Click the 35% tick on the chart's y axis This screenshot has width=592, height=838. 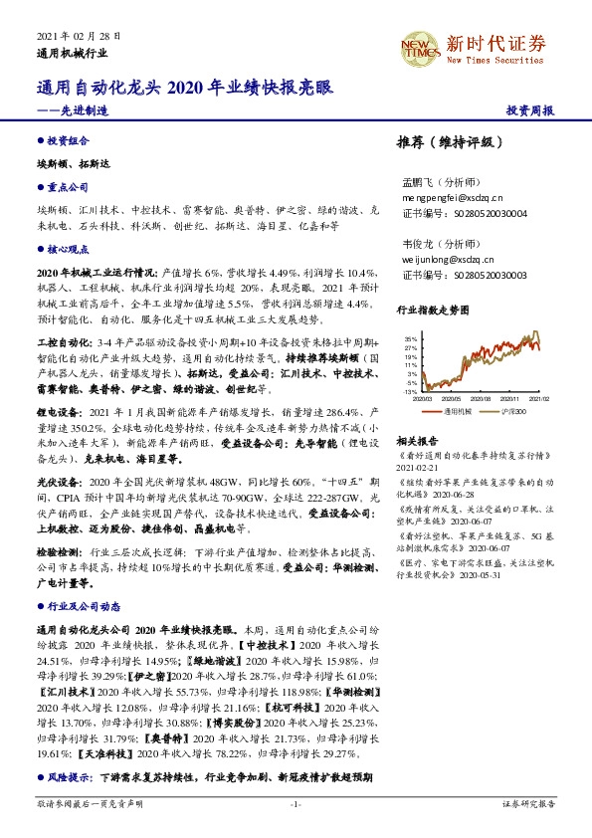410,339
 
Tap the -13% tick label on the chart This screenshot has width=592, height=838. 409,392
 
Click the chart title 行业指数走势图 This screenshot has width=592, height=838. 431,310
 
